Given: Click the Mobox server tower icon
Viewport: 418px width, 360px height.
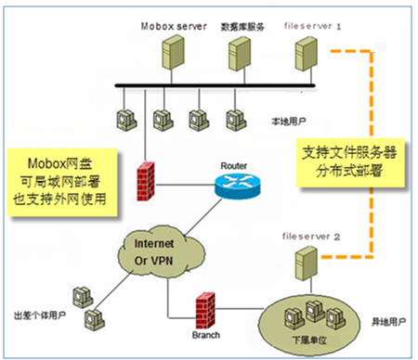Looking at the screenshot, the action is [173, 52].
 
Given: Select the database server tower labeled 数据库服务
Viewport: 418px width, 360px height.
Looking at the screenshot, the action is [240, 54].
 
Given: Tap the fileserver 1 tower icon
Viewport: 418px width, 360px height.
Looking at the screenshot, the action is [306, 54].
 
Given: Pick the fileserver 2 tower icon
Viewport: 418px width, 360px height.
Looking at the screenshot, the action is [306, 264].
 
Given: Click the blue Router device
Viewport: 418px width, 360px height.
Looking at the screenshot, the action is [238, 186].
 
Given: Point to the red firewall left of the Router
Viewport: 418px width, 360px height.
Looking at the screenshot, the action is [146, 181].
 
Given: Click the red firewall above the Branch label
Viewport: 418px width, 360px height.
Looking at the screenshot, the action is [205, 311].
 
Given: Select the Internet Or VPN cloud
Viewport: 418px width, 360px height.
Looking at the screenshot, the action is [161, 252].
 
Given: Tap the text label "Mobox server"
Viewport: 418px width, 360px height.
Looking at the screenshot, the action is [174, 26].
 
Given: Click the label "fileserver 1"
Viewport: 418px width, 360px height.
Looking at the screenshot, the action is [312, 26].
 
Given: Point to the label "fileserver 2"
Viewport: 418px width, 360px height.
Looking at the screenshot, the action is [311, 237].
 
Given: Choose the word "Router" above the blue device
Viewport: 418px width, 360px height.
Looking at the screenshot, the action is [233, 166].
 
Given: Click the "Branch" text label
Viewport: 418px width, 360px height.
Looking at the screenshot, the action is [206, 335].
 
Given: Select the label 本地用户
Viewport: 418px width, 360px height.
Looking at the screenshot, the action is [289, 122].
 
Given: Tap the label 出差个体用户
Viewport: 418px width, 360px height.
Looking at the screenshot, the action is [40, 315].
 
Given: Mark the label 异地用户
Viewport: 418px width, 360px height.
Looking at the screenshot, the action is [388, 322].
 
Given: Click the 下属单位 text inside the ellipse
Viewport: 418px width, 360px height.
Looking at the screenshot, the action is [309, 341].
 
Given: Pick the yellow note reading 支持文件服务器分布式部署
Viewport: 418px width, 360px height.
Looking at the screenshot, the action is [350, 162].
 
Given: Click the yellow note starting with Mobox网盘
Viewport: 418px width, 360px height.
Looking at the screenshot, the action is [62, 182].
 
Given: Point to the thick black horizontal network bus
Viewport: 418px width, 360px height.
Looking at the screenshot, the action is [215, 85].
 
